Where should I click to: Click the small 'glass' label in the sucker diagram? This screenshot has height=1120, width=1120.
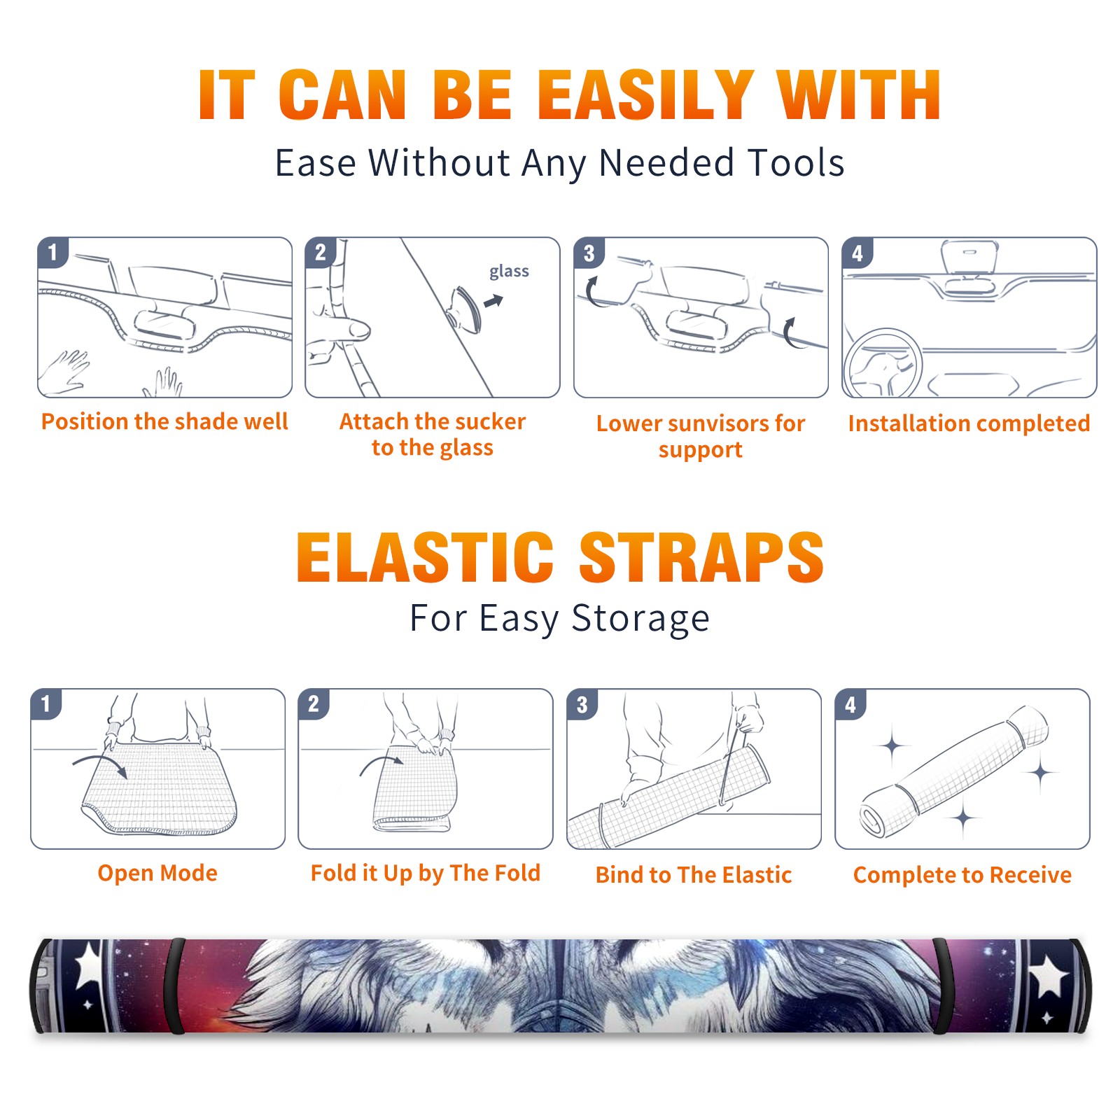[x=509, y=271]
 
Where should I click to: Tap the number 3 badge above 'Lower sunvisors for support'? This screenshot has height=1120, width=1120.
[x=589, y=253]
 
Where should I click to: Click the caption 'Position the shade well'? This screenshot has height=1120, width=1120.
[x=164, y=421]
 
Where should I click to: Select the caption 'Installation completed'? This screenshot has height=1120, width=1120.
[x=969, y=423]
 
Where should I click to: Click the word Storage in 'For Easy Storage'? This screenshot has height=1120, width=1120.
[x=640, y=619]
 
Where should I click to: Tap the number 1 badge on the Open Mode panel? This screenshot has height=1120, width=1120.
[x=46, y=703]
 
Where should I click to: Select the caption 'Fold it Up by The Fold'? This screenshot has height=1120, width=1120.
[x=426, y=873]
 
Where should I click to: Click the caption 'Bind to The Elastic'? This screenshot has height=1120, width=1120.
[x=694, y=874]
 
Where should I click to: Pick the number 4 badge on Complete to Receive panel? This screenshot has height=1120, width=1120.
[x=850, y=704]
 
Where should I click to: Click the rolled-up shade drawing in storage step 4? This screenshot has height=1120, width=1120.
[x=954, y=771]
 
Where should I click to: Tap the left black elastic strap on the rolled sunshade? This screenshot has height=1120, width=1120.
[x=174, y=986]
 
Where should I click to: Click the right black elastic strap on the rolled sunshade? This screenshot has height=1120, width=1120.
[x=943, y=986]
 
